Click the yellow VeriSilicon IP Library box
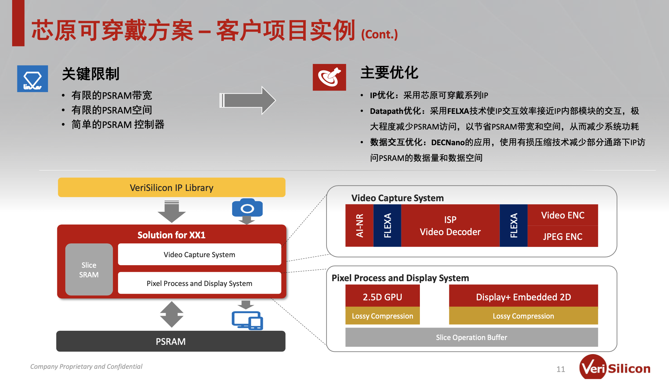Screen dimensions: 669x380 point(171,187)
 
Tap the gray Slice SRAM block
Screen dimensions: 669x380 point(89,269)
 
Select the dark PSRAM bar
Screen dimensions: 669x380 point(171,341)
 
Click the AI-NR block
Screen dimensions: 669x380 point(359,226)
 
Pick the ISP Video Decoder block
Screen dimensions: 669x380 point(450,226)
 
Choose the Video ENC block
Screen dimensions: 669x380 point(563,215)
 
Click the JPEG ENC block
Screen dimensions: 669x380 point(563,236)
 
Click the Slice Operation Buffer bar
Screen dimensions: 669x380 point(472,337)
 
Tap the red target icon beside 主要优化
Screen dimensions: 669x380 point(329,77)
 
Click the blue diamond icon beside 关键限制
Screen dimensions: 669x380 point(33,79)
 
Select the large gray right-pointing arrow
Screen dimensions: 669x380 point(247,100)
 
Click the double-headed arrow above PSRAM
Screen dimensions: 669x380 point(172,314)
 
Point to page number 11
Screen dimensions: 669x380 point(561,369)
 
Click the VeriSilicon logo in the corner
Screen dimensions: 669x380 point(615,368)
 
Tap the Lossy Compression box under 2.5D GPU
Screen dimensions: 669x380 point(382,316)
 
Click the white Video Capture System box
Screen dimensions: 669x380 point(200,254)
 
